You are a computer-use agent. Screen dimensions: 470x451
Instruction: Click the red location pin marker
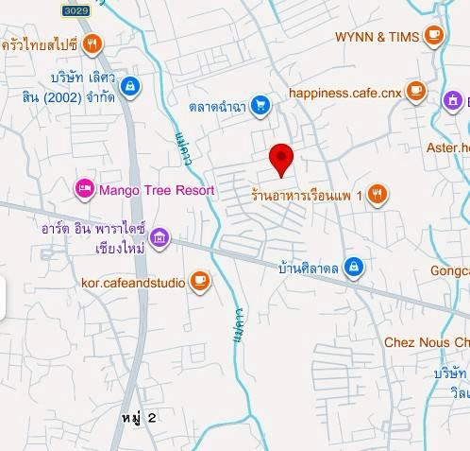pos(281,158)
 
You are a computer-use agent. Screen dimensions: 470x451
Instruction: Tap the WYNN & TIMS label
pos(376,37)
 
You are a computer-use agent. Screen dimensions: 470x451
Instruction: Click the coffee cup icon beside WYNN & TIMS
pos(433,37)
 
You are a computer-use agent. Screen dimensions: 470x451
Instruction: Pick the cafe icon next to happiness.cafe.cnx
pos(416,93)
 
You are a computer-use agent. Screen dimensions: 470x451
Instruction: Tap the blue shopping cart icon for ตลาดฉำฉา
pos(261,105)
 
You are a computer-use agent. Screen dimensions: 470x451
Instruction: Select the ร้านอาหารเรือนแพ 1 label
pos(307,195)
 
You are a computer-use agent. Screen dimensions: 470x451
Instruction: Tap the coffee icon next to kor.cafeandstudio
pos(199,281)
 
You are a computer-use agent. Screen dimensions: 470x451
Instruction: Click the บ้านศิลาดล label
pos(308,268)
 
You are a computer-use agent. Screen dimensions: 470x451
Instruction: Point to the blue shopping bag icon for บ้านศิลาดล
pos(353,267)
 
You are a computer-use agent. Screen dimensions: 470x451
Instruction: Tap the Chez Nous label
pos(426,341)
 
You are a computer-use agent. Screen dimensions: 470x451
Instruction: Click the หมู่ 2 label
pos(139,417)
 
